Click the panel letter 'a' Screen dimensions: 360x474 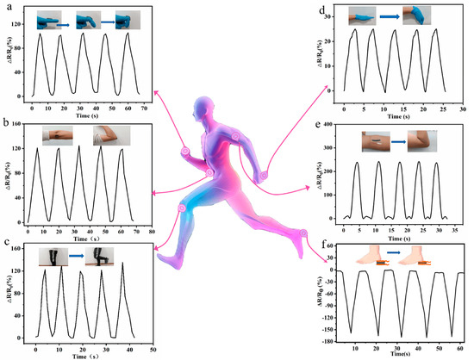coord(7,8)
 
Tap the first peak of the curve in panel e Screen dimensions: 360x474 coord(356,162)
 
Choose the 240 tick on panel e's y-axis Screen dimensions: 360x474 coord(335,161)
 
